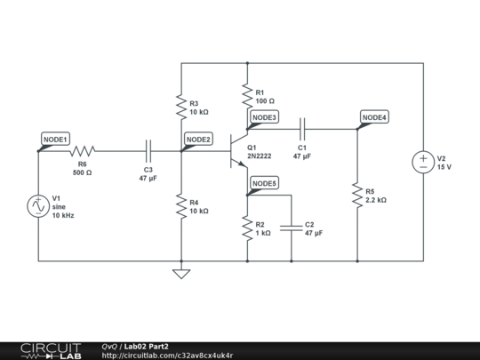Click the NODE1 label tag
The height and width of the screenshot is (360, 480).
55,140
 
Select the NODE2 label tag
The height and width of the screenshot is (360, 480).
197,140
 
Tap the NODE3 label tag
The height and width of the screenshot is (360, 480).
264,117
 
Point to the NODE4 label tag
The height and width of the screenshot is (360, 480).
374,117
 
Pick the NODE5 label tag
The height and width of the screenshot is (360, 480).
264,184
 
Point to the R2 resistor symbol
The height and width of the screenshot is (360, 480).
247,228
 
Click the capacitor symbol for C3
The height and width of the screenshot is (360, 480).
148,151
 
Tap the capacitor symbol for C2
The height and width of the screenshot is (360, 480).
291,228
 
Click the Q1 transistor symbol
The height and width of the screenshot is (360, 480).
238,151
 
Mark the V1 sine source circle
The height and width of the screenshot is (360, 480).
38,206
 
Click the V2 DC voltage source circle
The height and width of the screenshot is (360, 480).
423,162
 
